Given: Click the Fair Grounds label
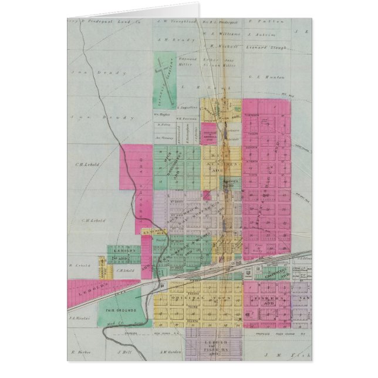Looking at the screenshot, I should click(122, 309).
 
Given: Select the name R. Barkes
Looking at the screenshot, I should click(79, 353).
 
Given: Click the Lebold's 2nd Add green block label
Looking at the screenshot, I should click(121, 253).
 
